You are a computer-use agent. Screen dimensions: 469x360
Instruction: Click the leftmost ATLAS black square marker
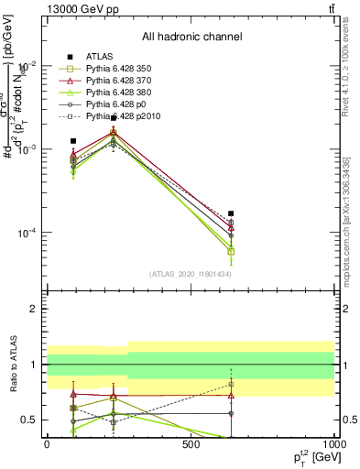tap(73, 141)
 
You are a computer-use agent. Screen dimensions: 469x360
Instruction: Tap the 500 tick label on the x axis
tap(191, 443)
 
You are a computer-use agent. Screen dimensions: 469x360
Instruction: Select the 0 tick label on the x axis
tap(47, 443)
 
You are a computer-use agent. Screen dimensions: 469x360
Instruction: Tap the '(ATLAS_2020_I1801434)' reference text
tap(191, 274)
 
